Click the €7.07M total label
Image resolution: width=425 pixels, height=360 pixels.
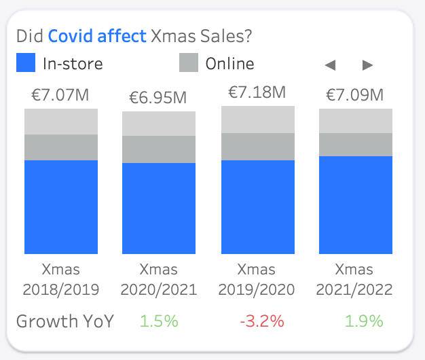(x=60, y=94)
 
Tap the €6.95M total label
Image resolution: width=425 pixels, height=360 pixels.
(x=158, y=97)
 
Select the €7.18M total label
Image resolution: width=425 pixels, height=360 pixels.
(x=257, y=91)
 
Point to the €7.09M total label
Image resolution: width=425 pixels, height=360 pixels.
(x=355, y=94)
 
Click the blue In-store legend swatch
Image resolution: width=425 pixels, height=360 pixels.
(x=25, y=63)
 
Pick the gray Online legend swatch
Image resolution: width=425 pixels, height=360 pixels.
(x=189, y=63)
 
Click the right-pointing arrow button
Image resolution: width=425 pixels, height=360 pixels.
(x=368, y=65)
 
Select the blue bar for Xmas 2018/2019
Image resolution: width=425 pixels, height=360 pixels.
(x=61, y=207)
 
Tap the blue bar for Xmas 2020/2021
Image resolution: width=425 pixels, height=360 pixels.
(x=159, y=209)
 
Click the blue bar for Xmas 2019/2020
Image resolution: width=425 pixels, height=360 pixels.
(x=258, y=207)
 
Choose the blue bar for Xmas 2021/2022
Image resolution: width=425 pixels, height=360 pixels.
(x=356, y=205)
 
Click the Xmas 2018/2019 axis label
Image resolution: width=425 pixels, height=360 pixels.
(x=61, y=280)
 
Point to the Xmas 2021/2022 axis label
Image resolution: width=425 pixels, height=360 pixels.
(x=354, y=280)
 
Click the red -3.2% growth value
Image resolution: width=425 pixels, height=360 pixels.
(x=261, y=321)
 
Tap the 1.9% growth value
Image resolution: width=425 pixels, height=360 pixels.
(x=363, y=321)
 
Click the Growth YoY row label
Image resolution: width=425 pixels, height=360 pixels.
(x=65, y=321)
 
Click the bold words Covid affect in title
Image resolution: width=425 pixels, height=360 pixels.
(x=98, y=35)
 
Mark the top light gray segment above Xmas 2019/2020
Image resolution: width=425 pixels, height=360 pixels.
(x=258, y=120)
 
